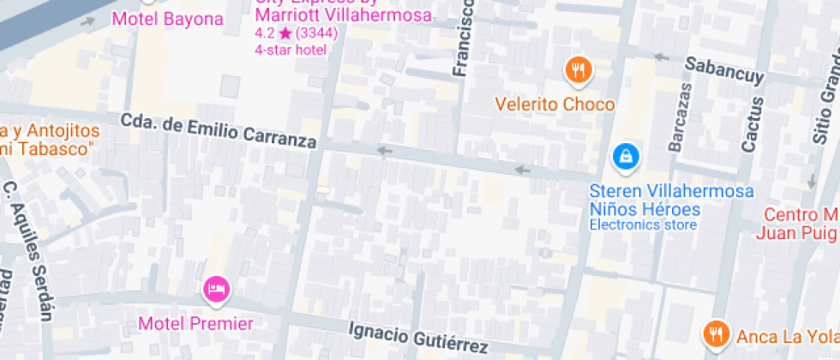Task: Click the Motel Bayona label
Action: point(167,19)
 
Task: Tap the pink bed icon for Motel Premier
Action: point(216,289)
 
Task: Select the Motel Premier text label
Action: point(196,324)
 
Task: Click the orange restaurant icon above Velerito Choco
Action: point(579,70)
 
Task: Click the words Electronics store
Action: point(643,225)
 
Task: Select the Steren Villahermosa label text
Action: point(671,190)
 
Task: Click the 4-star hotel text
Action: point(291,50)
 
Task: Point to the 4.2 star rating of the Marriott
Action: point(296,33)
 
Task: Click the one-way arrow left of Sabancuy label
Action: point(661,57)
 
